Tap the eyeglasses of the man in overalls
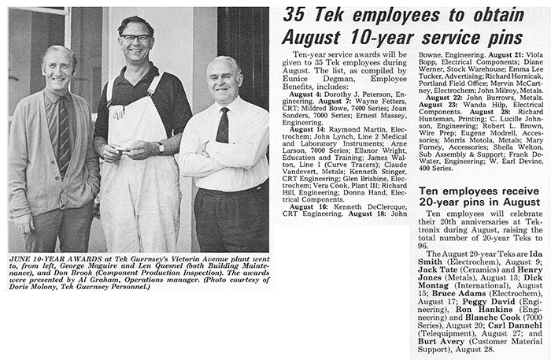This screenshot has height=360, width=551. [x=136, y=39]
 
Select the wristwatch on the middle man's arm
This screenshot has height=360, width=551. [x=161, y=147]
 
